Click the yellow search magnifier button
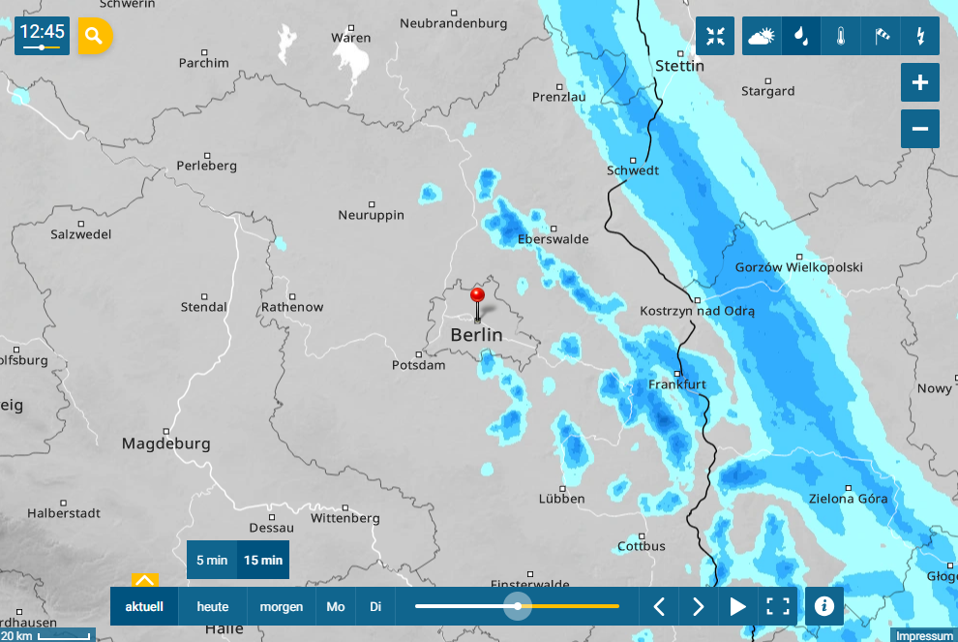94,37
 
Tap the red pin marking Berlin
476,296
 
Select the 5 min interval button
212,560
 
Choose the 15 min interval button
263,560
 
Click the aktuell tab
144,607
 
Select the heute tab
213,607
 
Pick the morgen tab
282,607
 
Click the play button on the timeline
738,607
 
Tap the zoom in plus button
919,82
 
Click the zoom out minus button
919,129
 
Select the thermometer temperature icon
840,37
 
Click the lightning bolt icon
919,37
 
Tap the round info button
824,606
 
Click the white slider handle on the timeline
518,606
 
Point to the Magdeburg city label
165,443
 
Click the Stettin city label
679,66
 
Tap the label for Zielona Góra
848,499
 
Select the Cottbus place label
642,546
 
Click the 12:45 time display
42,33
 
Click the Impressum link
924,636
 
